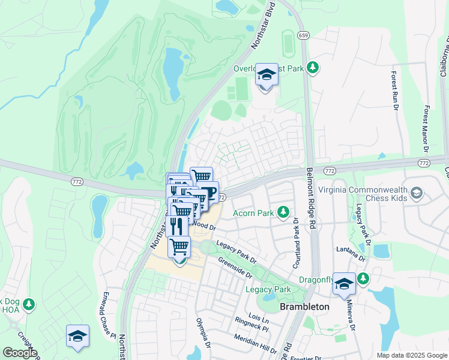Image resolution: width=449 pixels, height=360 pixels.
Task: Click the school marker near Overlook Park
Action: pyautogui.click(x=267, y=76)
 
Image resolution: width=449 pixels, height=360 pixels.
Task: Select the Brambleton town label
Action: pyautogui.click(x=305, y=307)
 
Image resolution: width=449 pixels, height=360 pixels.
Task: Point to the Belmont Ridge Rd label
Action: pyautogui.click(x=312, y=198)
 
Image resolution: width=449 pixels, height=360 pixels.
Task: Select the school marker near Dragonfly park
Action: pyautogui.click(x=345, y=284)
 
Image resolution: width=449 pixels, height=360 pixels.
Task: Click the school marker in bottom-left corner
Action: pyautogui.click(x=77, y=337)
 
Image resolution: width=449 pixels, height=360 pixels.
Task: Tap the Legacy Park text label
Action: pyautogui.click(x=268, y=290)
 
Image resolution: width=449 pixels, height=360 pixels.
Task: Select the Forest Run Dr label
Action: pyautogui.click(x=395, y=91)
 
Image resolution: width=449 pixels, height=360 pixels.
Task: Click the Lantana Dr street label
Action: pyautogui.click(x=352, y=253)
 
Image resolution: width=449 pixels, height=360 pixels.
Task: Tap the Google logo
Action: pyautogui.click(x=20, y=353)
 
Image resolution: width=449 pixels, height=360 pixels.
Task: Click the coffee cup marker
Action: pyautogui.click(x=208, y=193)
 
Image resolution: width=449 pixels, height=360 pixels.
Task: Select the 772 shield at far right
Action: pyautogui.click(x=424, y=163)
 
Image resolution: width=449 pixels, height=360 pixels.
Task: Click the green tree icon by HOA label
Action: pyautogui.click(x=28, y=305)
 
